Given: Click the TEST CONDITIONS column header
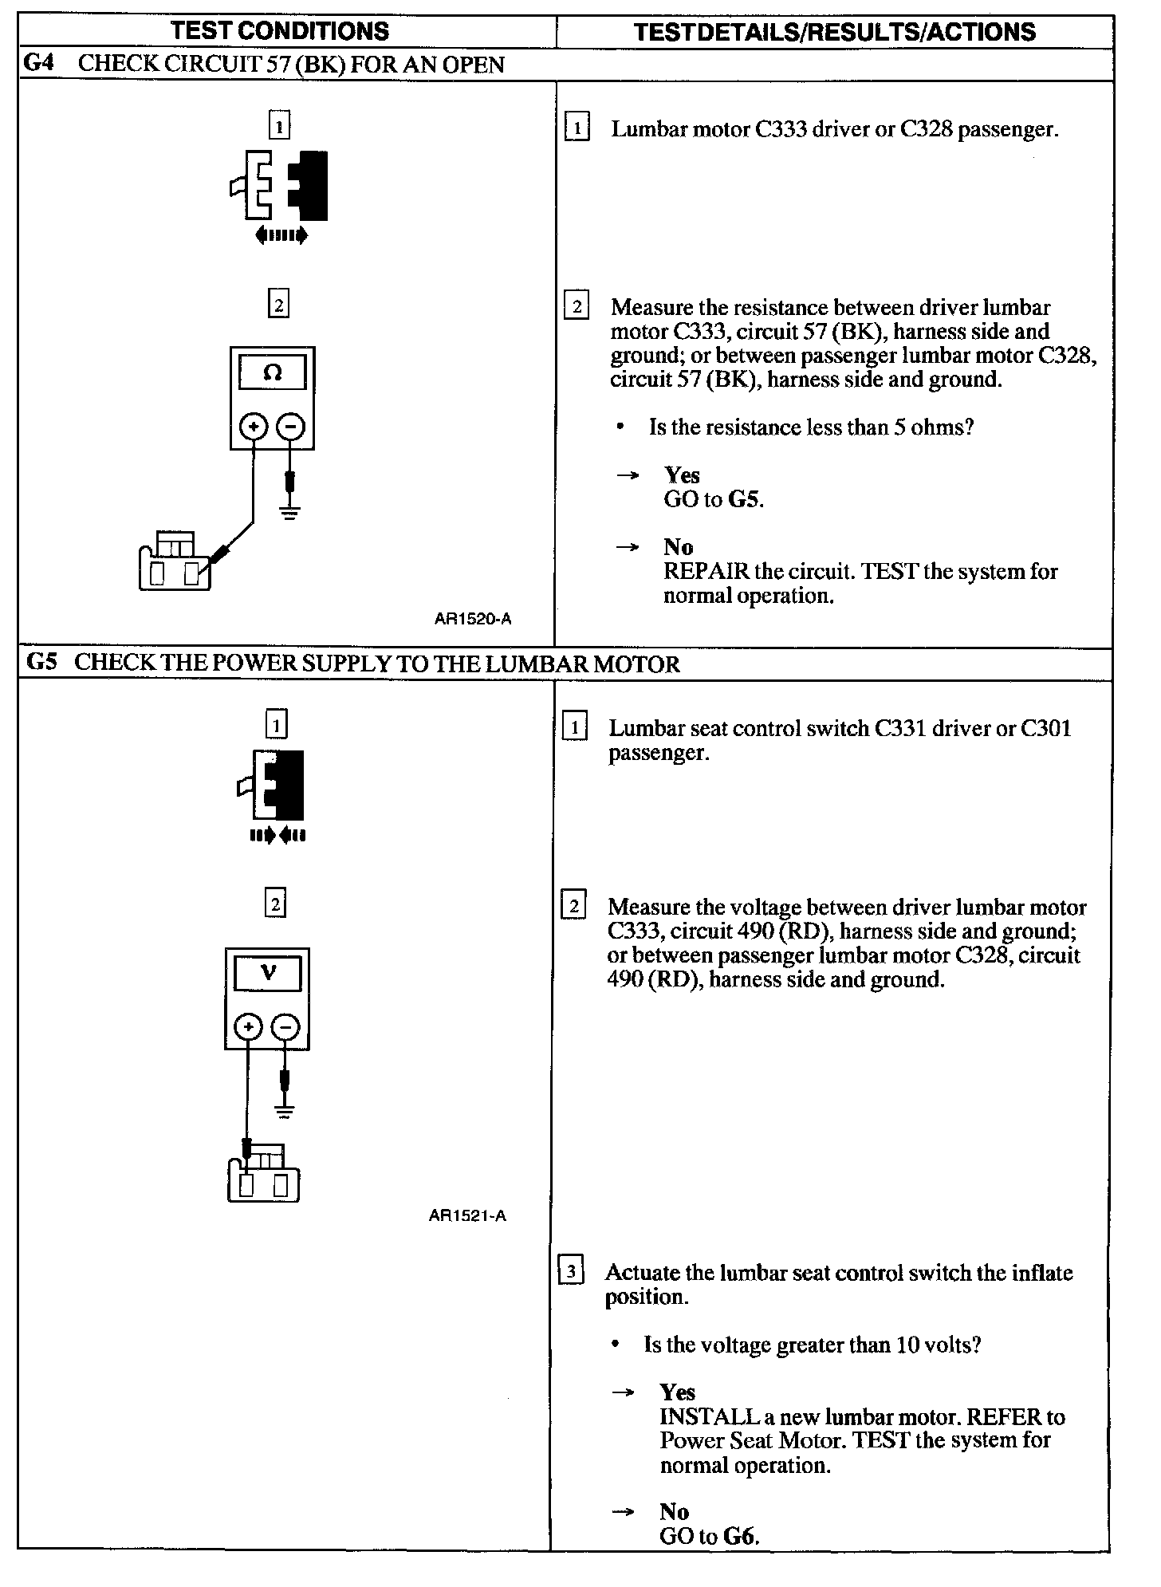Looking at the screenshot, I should pyautogui.click(x=280, y=31).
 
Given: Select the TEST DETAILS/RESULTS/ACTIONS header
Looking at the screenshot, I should pyautogui.click(x=834, y=32).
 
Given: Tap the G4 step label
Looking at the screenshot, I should pyautogui.click(x=38, y=63).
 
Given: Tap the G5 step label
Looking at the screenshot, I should pyautogui.click(x=41, y=662).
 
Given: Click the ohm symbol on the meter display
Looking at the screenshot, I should pyautogui.click(x=273, y=372).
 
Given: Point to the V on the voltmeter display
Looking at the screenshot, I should pyautogui.click(x=269, y=973).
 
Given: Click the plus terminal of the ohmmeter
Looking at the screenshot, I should pyautogui.click(x=254, y=427).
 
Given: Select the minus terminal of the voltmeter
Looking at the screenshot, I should pyautogui.click(x=285, y=1027).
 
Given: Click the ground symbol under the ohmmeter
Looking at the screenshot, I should pyautogui.click(x=289, y=512).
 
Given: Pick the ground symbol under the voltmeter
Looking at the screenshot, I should pyautogui.click(x=285, y=1111).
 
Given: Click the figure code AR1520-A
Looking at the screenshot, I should pyautogui.click(x=473, y=618).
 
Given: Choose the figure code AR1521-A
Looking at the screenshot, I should pyautogui.click(x=467, y=1215).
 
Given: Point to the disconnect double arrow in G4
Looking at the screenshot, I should pyautogui.click(x=281, y=235).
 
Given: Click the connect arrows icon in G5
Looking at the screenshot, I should pyautogui.click(x=277, y=836).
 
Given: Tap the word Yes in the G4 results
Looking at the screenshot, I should pyautogui.click(x=682, y=475).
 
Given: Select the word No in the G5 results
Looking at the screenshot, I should pyautogui.click(x=674, y=1511).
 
